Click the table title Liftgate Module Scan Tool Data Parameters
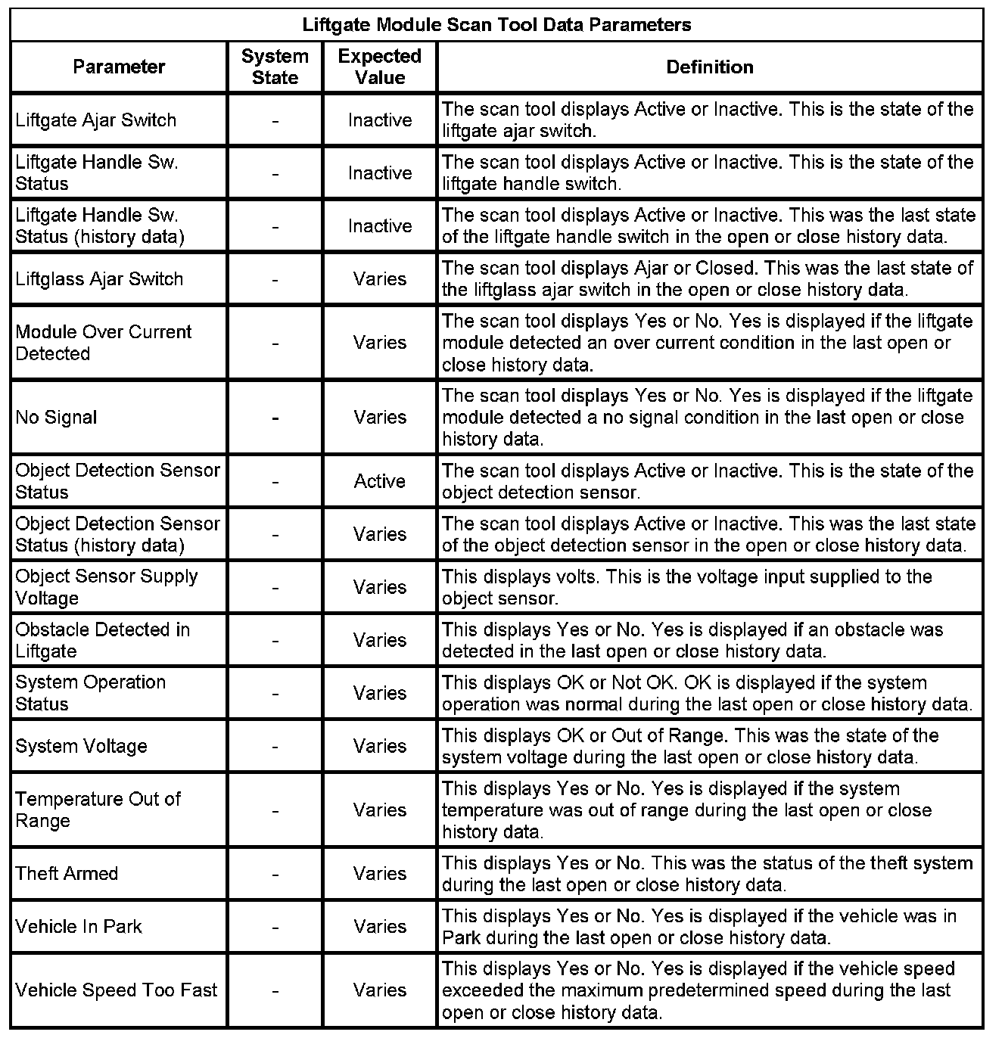pyautogui.click(x=496, y=25)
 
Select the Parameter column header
pyautogui.click(x=119, y=67)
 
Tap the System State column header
pyautogui.click(x=275, y=67)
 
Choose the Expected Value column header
pyautogui.click(x=380, y=67)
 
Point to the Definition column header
pyautogui.click(x=710, y=67)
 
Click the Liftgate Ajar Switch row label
pyautogui.click(x=96, y=120)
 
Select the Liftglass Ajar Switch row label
pyautogui.click(x=99, y=278)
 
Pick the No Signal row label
pyautogui.click(x=57, y=417)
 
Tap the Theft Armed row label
pyautogui.click(x=67, y=873)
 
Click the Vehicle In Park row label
pyautogui.click(x=79, y=926)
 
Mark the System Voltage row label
pyautogui.click(x=81, y=746)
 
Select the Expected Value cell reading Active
pyautogui.click(x=380, y=481)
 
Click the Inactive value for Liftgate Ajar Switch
pyautogui.click(x=380, y=120)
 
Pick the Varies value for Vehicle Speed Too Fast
pyautogui.click(x=380, y=990)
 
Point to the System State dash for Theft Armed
pyautogui.click(x=275, y=873)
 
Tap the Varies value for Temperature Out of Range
pyautogui.click(x=380, y=810)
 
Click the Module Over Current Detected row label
pyautogui.click(x=104, y=343)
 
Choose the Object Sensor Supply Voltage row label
pyautogui.click(x=107, y=587)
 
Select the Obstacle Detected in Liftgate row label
pyautogui.click(x=103, y=640)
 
